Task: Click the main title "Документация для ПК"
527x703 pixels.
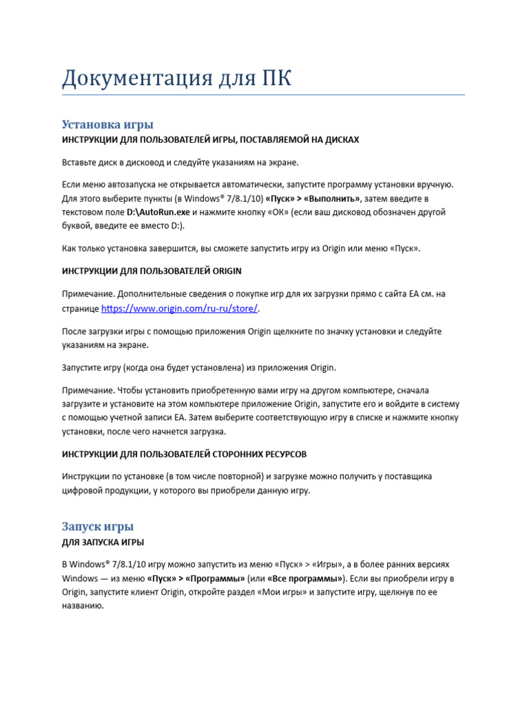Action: click(177, 78)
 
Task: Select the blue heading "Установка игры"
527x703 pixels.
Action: click(107, 124)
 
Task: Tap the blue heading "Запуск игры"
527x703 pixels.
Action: click(97, 527)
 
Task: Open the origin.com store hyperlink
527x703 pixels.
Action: click(180, 309)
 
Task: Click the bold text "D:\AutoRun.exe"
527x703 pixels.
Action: click(158, 213)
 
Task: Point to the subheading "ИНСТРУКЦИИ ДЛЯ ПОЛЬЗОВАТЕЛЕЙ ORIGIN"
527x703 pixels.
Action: click(152, 270)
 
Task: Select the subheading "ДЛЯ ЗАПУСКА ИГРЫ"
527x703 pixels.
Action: click(103, 542)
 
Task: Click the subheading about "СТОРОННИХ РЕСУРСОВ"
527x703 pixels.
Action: click(184, 454)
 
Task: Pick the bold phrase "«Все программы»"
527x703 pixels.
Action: click(305, 578)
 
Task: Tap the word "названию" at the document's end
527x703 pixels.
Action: click(82, 607)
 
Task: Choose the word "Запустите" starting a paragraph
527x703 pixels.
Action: click(84, 367)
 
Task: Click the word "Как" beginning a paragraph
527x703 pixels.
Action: click(69, 249)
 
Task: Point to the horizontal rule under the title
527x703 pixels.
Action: click(263, 95)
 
